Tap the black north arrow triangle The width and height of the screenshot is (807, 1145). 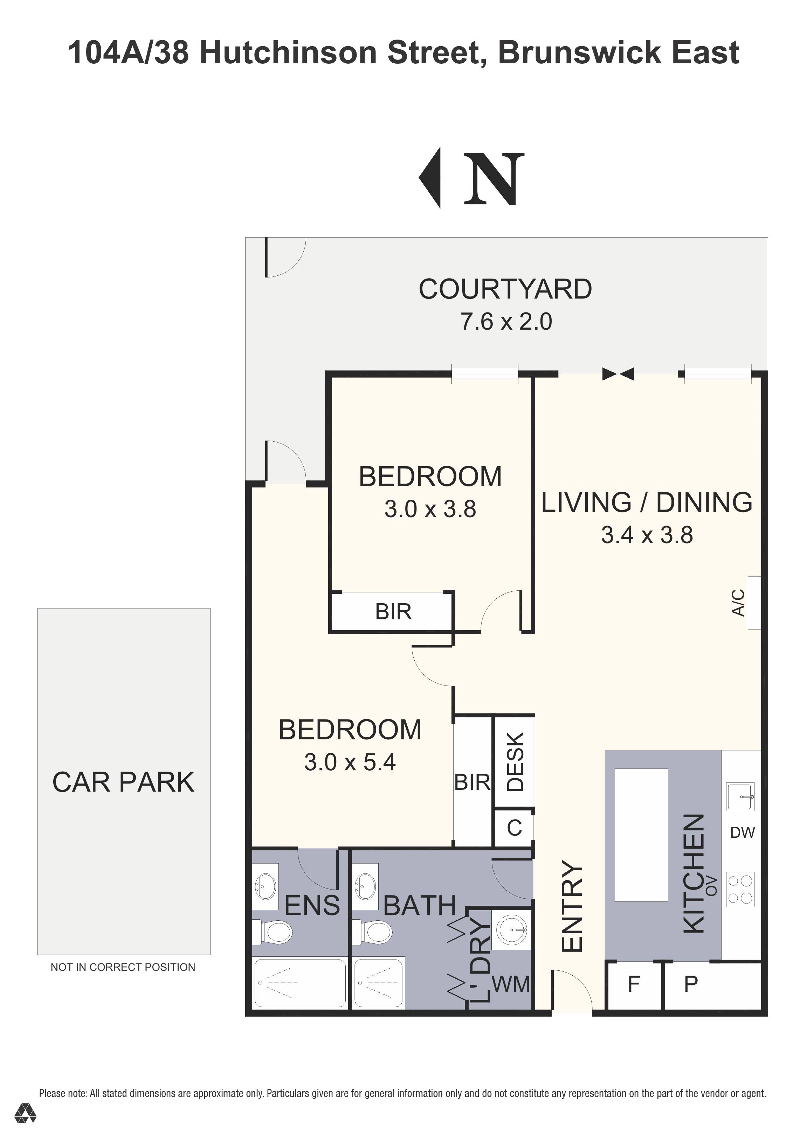(x=430, y=177)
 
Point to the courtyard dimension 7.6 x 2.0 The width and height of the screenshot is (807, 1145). (x=506, y=322)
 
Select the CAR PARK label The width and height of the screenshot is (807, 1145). (x=123, y=782)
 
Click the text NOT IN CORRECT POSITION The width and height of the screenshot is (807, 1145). (x=123, y=968)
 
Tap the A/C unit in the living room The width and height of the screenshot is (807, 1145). (x=754, y=603)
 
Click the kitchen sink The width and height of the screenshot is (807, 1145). (x=740, y=797)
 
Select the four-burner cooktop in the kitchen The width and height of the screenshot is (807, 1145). (x=740, y=889)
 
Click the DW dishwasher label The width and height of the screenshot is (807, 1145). (x=743, y=832)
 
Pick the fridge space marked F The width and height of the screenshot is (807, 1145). (x=634, y=986)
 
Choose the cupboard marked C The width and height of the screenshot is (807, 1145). (x=514, y=828)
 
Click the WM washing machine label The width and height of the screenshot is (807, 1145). (x=511, y=984)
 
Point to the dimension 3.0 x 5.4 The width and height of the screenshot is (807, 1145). (x=350, y=763)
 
